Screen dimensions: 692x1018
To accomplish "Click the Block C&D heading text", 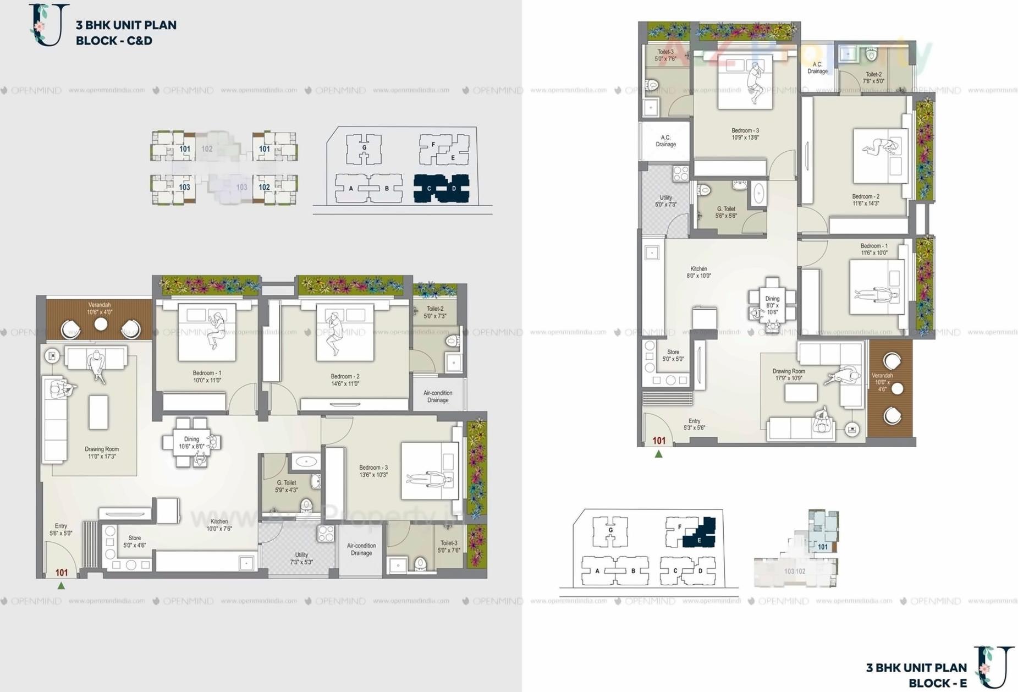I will click(x=125, y=32).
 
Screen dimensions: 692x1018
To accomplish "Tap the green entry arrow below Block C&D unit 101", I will click(x=61, y=586).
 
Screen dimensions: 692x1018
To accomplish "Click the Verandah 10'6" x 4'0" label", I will click(x=100, y=309).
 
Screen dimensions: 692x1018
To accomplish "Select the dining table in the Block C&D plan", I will click(x=191, y=442).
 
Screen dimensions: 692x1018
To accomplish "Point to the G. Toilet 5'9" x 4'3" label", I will click(x=287, y=486).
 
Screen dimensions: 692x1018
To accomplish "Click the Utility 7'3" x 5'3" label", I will click(x=301, y=558).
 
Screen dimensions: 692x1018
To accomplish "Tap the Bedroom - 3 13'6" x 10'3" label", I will click(x=373, y=471).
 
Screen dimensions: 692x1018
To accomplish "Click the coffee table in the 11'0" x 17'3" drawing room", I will click(x=98, y=412).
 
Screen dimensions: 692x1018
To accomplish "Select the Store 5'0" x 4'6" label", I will click(x=135, y=542).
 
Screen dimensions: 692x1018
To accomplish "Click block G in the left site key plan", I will click(x=364, y=149).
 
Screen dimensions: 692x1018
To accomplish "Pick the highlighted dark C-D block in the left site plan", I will click(x=441, y=189).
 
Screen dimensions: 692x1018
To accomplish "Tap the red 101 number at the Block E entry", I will click(x=659, y=441).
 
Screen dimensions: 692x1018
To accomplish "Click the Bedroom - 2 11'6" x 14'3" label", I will click(x=866, y=200).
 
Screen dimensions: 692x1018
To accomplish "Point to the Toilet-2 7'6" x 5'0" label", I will click(x=873, y=78).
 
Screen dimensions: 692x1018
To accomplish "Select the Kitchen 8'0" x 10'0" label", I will click(x=698, y=272).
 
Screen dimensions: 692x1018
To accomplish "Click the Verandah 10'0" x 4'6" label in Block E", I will click(x=882, y=382).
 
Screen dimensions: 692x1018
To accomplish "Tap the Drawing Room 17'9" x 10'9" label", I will click(x=789, y=375).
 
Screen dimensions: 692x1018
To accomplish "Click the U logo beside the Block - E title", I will click(x=994, y=667).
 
